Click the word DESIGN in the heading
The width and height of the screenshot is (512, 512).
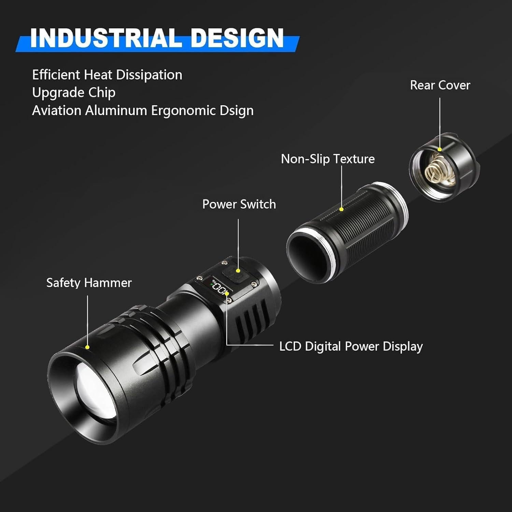237,38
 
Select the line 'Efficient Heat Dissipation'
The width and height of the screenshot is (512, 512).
107,75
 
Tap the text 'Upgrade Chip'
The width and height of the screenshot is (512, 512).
74,93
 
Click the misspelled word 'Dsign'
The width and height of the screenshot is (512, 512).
236,111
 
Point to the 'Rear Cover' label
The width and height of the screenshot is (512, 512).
440,85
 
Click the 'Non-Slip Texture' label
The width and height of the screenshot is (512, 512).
328,159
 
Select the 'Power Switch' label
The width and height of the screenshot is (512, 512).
239,204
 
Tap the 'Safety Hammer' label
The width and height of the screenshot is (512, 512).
89,283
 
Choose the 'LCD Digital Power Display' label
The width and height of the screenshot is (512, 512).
351,346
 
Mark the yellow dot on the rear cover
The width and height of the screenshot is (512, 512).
440,149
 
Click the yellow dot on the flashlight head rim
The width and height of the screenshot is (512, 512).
87,347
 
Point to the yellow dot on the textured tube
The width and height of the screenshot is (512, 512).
341,209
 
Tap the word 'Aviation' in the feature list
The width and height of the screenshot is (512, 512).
56,111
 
